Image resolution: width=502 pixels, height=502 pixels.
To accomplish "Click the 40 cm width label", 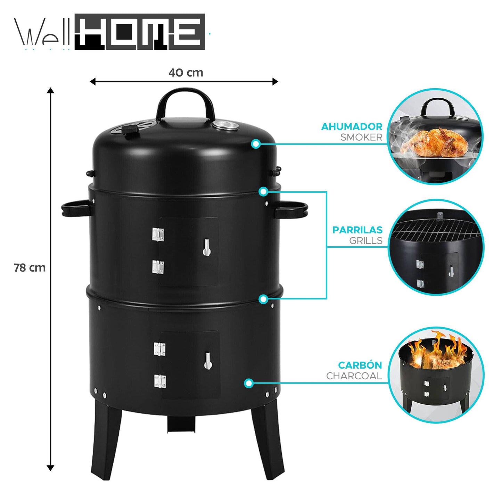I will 186,73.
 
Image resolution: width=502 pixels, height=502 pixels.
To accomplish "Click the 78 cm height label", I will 30,268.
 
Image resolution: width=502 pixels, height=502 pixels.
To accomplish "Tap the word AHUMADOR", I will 352,126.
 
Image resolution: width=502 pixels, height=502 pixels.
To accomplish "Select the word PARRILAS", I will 357,230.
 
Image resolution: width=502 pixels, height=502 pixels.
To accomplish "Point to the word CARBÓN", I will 360,365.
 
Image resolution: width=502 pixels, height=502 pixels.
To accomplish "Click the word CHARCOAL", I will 354,376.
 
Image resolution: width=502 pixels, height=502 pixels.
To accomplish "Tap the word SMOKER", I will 361,137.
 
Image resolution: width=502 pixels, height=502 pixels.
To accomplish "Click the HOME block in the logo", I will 140,32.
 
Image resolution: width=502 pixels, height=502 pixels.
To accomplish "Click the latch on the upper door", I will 207,247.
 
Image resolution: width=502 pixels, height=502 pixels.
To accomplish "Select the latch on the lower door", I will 208,360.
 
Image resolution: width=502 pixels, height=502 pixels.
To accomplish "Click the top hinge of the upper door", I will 158,235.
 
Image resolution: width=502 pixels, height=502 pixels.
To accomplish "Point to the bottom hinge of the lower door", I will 160,381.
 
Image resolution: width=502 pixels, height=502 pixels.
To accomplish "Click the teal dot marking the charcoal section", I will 248,383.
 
